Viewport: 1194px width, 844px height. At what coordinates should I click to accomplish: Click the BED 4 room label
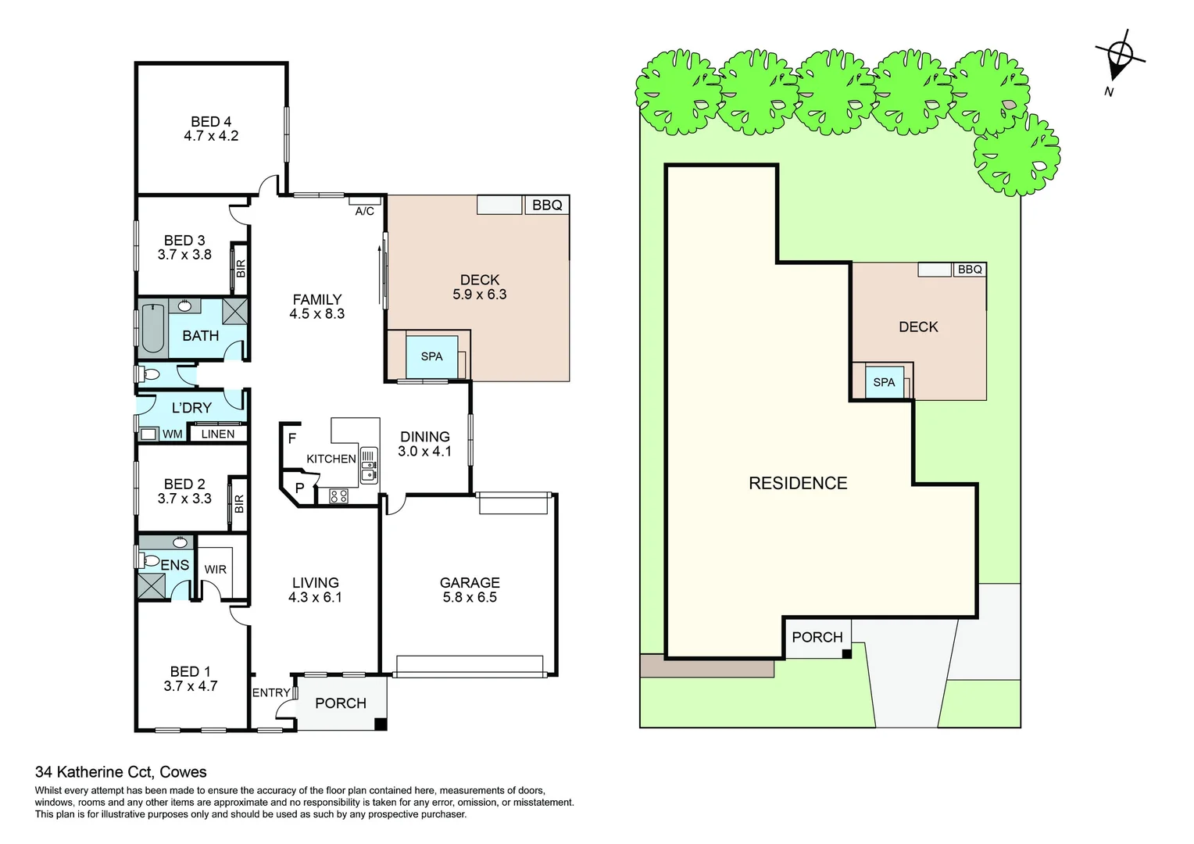coord(211,122)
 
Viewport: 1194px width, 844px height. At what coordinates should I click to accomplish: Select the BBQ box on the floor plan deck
coord(547,205)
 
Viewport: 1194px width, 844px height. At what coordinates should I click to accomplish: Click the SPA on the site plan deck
coord(884,382)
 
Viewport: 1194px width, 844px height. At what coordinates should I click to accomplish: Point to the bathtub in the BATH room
coord(153,328)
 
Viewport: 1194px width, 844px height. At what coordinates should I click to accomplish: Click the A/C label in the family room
coord(364,211)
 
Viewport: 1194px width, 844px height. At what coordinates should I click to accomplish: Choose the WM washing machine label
coord(173,434)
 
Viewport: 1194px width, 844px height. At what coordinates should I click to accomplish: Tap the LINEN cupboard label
coord(217,434)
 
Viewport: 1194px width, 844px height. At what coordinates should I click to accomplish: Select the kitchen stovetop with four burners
coord(338,495)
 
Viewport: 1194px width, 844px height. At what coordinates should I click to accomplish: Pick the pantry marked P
coord(299,488)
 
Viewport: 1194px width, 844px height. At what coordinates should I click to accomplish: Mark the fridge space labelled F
coord(291,438)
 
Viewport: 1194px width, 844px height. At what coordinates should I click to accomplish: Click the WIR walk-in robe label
coord(215,570)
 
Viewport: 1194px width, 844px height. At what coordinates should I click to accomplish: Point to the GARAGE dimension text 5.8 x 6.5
coord(469,597)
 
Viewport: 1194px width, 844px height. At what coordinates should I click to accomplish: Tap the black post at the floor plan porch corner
coord(381,724)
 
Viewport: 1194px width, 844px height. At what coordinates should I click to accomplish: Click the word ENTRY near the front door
coord(271,692)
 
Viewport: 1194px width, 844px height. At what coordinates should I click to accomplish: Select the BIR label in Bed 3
coord(241,269)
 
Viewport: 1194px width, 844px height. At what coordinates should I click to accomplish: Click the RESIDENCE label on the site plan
coord(798,483)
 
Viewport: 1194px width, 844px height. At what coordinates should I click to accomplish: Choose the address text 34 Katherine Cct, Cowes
coord(121,772)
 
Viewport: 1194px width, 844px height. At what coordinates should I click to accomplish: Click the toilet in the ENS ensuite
coord(148,560)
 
